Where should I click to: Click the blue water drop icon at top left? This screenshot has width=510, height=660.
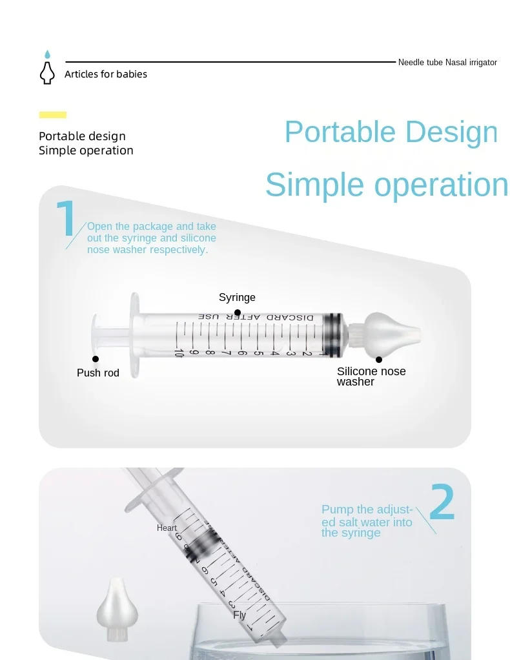46,55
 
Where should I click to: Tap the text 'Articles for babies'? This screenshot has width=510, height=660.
105,74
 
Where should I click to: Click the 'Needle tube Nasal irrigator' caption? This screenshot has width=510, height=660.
447,63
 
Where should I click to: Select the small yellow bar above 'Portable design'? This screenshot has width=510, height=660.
52,115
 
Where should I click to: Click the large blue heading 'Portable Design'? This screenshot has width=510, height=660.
391,132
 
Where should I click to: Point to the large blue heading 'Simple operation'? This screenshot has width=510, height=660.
386,185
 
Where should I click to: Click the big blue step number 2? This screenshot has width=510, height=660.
442,502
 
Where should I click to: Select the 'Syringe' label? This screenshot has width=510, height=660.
237,298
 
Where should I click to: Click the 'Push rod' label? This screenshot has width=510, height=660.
98,373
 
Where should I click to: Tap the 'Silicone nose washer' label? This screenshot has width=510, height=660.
371,376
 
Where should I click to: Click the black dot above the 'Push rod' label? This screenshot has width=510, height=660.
96,359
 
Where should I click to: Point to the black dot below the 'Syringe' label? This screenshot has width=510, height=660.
238,313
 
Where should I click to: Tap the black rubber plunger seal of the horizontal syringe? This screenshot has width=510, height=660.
333,335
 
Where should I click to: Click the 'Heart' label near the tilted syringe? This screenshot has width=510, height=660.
167,528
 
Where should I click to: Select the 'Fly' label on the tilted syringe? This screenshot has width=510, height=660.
240,615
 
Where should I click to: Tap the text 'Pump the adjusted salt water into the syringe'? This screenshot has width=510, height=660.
367,521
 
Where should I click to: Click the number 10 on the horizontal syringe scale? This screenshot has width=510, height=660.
179,353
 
